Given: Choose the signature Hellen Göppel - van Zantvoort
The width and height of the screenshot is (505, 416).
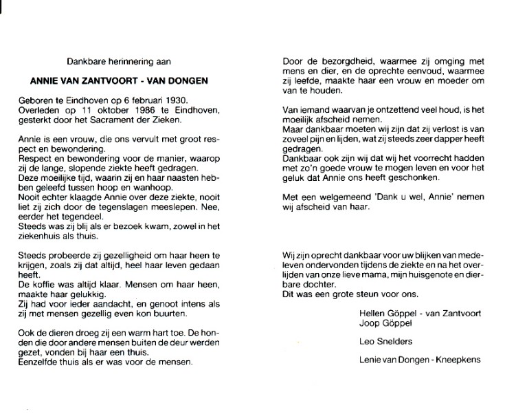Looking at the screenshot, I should pos(420,313).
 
